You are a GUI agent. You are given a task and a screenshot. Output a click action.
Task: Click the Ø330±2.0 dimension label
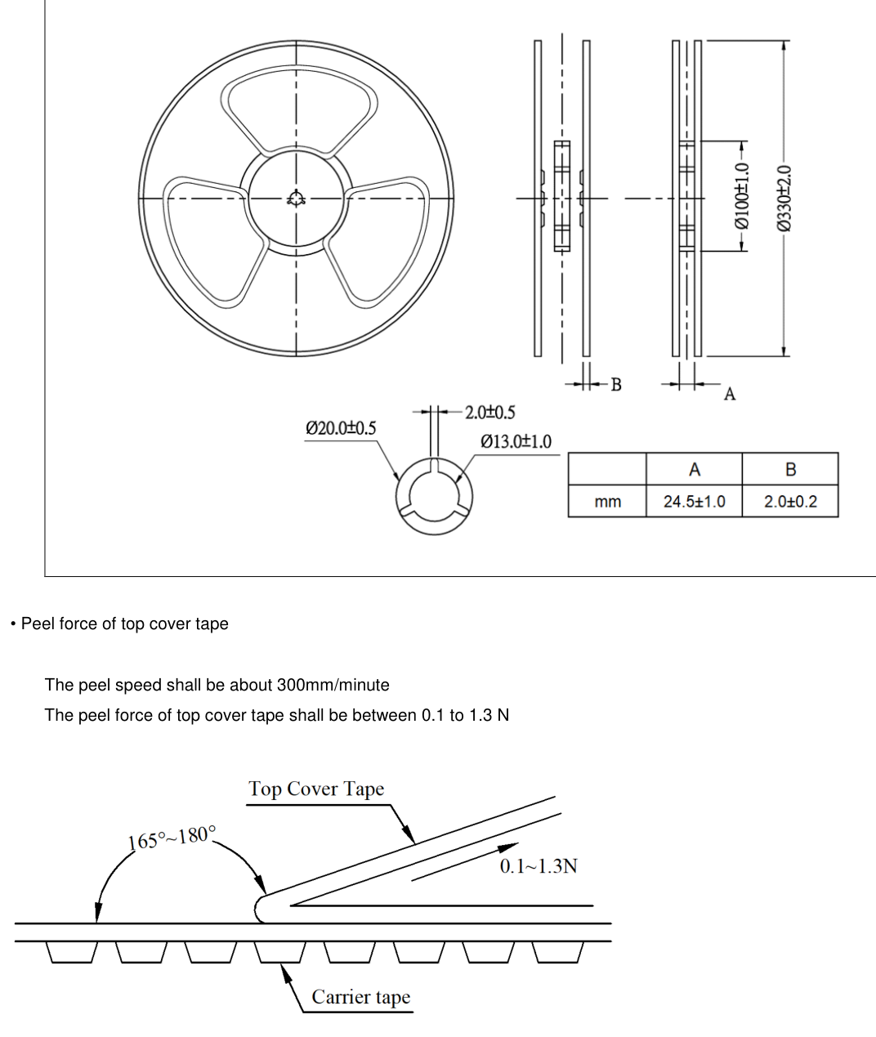784,198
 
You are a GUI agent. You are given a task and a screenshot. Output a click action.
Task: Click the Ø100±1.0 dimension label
741,196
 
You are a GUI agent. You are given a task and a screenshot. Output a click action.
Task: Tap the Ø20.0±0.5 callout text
341,428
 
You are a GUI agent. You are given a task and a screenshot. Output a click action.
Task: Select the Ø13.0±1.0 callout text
516,441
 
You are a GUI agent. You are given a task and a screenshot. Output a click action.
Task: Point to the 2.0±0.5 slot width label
490,412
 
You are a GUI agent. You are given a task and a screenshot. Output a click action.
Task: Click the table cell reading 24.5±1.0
695,502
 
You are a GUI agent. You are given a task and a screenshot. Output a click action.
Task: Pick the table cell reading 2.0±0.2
790,502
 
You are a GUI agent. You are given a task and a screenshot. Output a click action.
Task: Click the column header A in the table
695,469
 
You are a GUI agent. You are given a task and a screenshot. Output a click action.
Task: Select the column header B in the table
790,469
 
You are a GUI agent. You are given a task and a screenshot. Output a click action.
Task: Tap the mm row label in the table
608,502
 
